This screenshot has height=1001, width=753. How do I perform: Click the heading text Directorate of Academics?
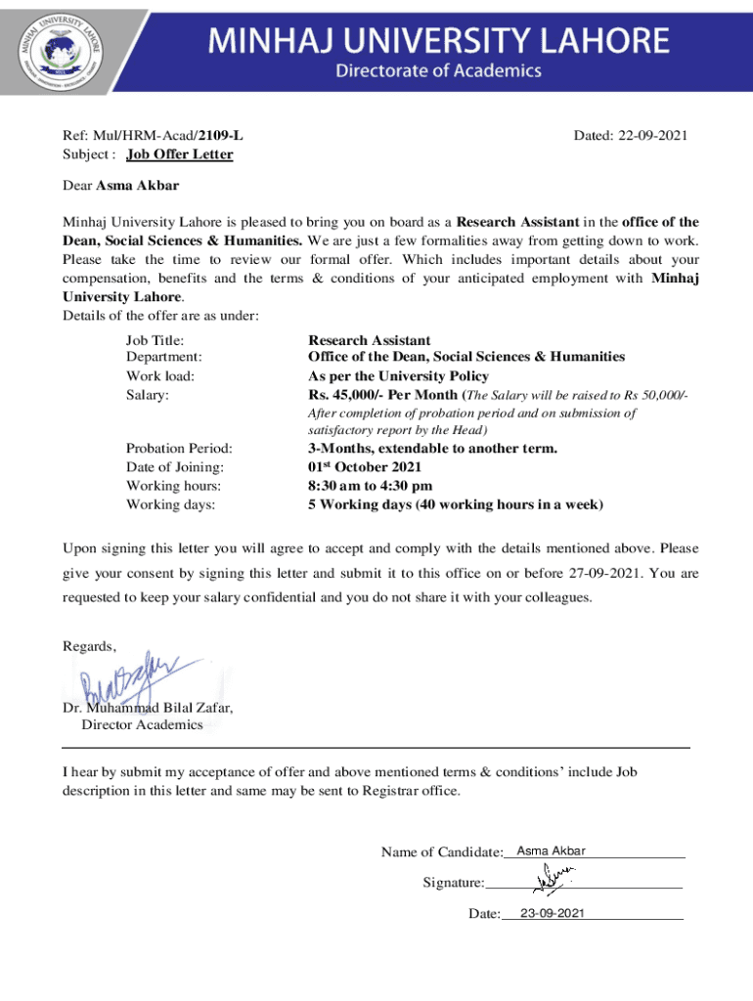pyautogui.click(x=438, y=70)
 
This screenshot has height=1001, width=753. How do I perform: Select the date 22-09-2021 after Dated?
pyautogui.click(x=652, y=136)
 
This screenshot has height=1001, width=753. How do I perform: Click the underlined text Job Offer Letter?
pyautogui.click(x=179, y=154)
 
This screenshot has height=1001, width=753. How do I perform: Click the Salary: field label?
pyautogui.click(x=148, y=394)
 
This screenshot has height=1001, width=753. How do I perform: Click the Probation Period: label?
pyautogui.click(x=179, y=449)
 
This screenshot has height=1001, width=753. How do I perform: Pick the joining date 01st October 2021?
pyautogui.click(x=365, y=467)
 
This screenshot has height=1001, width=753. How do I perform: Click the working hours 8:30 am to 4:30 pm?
pyautogui.click(x=370, y=486)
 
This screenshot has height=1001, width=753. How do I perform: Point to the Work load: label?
pyautogui.click(x=160, y=376)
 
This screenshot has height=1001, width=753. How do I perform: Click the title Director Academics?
pyautogui.click(x=142, y=724)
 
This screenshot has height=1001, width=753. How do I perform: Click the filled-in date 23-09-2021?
pyautogui.click(x=552, y=913)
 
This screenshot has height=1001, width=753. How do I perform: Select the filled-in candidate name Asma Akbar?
pyautogui.click(x=551, y=851)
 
